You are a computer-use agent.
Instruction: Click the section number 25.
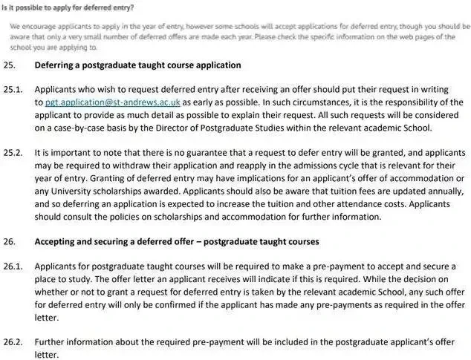[10, 65]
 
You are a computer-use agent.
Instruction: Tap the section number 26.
[10, 242]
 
